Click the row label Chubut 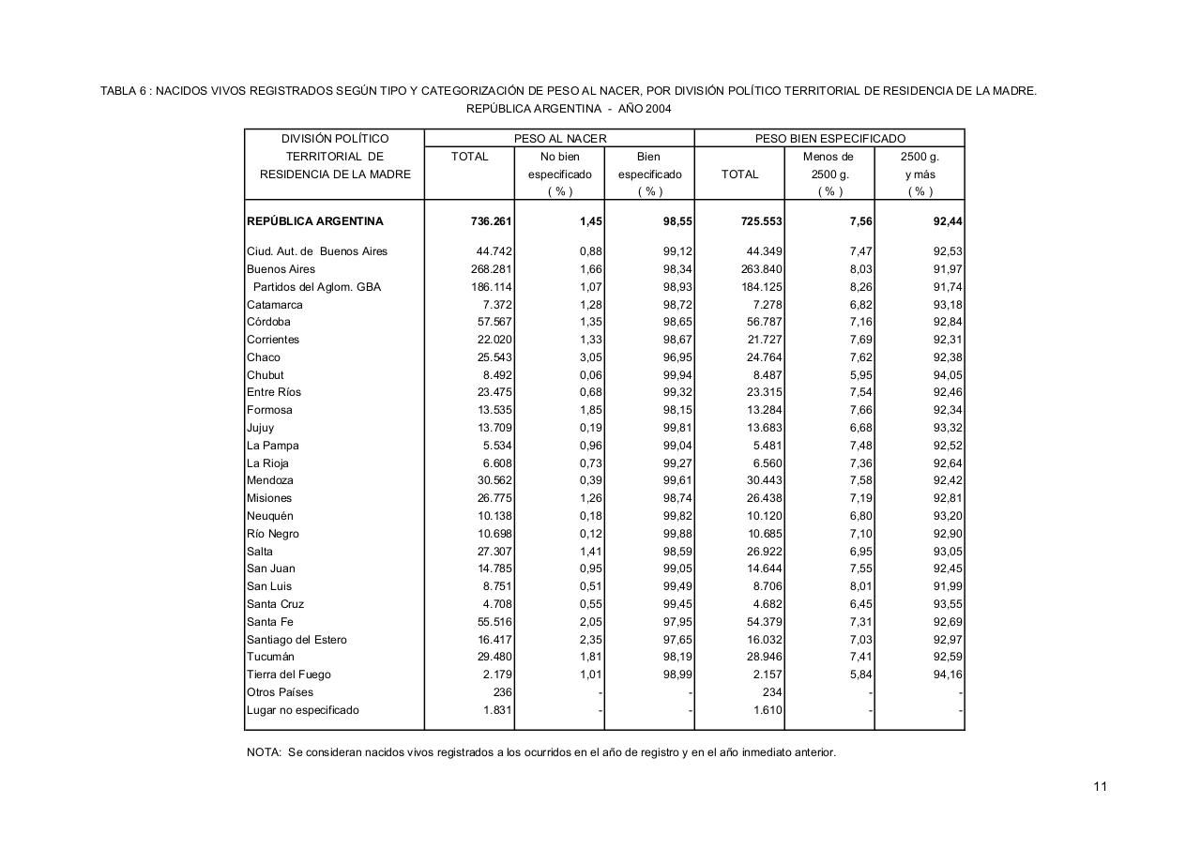(265, 375)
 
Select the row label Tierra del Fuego (289, 675)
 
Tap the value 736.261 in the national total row (491, 222)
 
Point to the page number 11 (1100, 786)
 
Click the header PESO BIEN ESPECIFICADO (830, 139)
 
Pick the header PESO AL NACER (560, 139)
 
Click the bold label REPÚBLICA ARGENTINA (315, 222)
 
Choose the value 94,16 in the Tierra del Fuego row (949, 675)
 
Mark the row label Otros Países (281, 692)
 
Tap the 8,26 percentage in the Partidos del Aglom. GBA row (859, 287)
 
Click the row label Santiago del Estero (296, 640)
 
